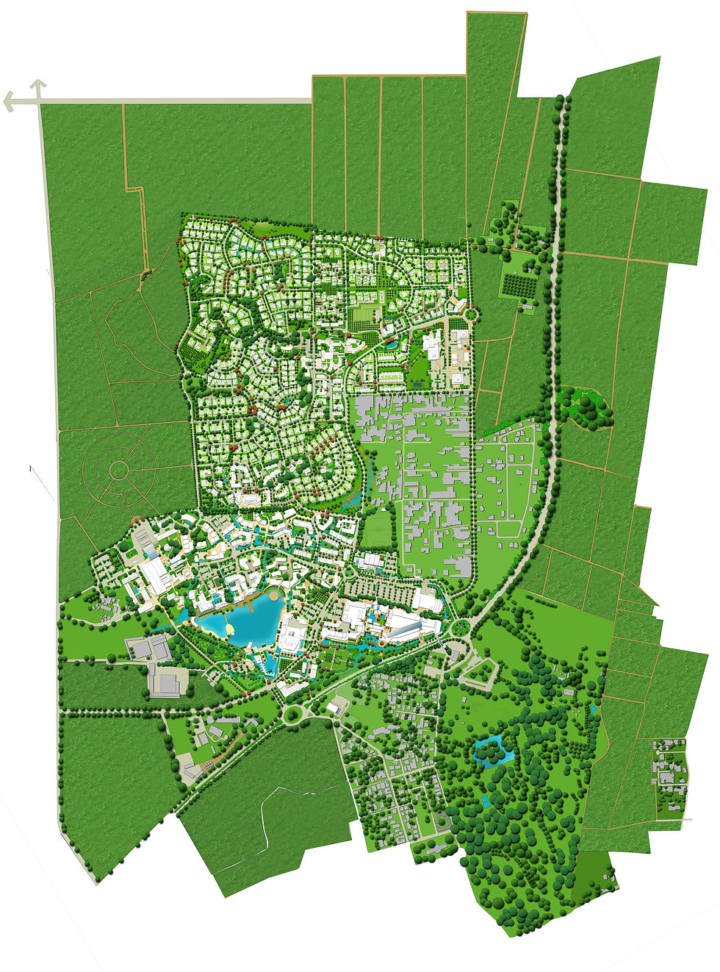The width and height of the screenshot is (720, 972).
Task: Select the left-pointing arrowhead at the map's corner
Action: [x=10, y=101]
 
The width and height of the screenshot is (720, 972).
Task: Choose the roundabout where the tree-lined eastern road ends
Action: [x=461, y=627]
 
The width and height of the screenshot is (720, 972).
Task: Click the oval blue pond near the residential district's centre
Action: [x=391, y=344]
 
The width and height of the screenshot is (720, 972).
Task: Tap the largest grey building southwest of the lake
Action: [x=168, y=681]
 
